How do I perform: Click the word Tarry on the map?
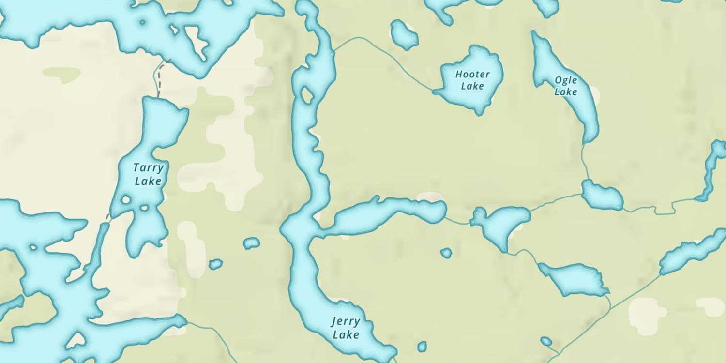coord(149,168)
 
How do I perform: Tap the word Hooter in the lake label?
coord(472,75)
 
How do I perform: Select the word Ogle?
coord(566,80)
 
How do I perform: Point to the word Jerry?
coord(346,322)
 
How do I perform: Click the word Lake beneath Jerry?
coord(346,334)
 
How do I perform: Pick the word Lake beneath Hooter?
coord(472,86)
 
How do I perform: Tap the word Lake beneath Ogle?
coord(566,91)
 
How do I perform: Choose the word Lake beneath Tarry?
coord(148,181)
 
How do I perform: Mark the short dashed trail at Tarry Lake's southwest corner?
coord(107,217)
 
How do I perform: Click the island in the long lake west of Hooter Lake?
coord(307,95)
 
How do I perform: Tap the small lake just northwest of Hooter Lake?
coord(404,35)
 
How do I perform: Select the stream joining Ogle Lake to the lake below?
coord(585,162)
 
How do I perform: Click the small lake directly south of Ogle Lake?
coord(602,195)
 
